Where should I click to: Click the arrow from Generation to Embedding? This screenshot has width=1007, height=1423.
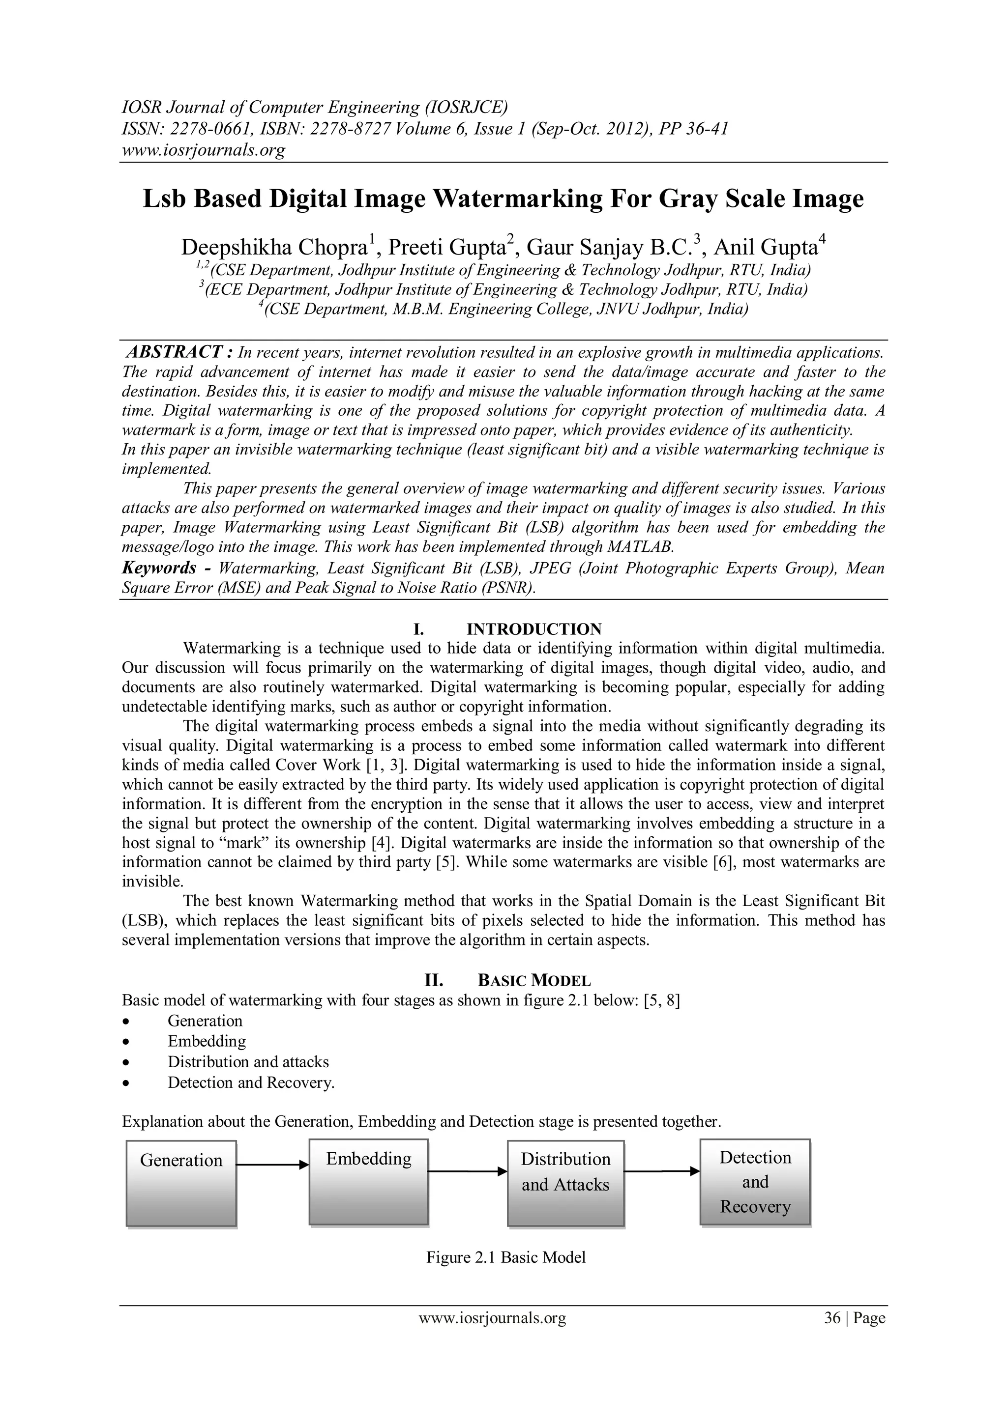(272, 1165)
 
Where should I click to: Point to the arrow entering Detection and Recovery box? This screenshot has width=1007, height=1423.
(662, 1171)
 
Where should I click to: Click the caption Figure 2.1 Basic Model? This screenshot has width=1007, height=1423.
(505, 1257)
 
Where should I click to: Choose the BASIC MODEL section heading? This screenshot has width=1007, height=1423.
(534, 980)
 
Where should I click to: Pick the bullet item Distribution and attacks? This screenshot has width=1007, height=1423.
(248, 1062)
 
